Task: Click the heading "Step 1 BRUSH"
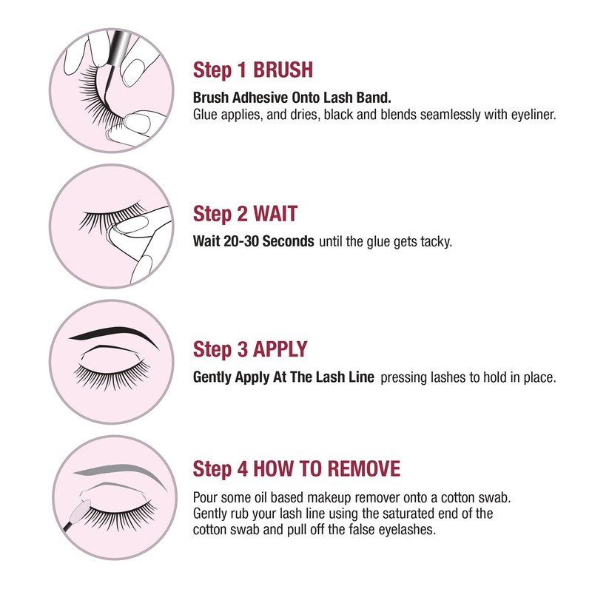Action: pyautogui.click(x=252, y=70)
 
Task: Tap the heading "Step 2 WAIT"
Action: pyautogui.click(x=245, y=215)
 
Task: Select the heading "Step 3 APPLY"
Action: pyautogui.click(x=250, y=349)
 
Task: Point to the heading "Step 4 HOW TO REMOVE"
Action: pyautogui.click(x=297, y=468)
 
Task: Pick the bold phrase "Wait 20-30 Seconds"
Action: pyautogui.click(x=253, y=242)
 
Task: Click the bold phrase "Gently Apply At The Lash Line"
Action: pyautogui.click(x=284, y=377)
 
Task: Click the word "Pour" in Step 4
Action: pyautogui.click(x=205, y=497)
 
